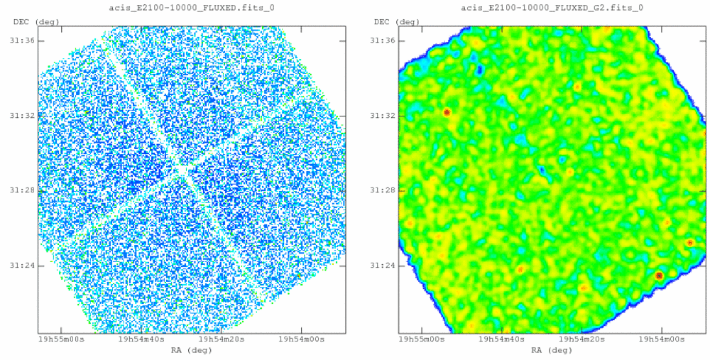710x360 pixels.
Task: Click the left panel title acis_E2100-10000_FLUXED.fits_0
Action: (192, 8)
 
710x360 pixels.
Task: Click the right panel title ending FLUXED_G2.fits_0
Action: (552, 8)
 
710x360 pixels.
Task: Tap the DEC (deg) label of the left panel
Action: (32, 21)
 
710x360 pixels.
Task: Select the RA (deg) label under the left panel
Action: (192, 350)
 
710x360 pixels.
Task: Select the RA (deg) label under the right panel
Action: (552, 350)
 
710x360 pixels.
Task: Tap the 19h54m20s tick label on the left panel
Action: (222, 339)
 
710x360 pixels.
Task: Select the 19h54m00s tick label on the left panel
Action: (302, 339)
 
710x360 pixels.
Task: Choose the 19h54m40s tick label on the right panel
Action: (502, 339)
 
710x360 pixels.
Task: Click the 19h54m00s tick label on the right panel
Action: (662, 339)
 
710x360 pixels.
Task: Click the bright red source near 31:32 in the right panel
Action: (447, 112)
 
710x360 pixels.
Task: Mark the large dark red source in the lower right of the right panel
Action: (659, 276)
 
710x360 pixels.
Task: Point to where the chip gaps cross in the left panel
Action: (182, 171)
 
